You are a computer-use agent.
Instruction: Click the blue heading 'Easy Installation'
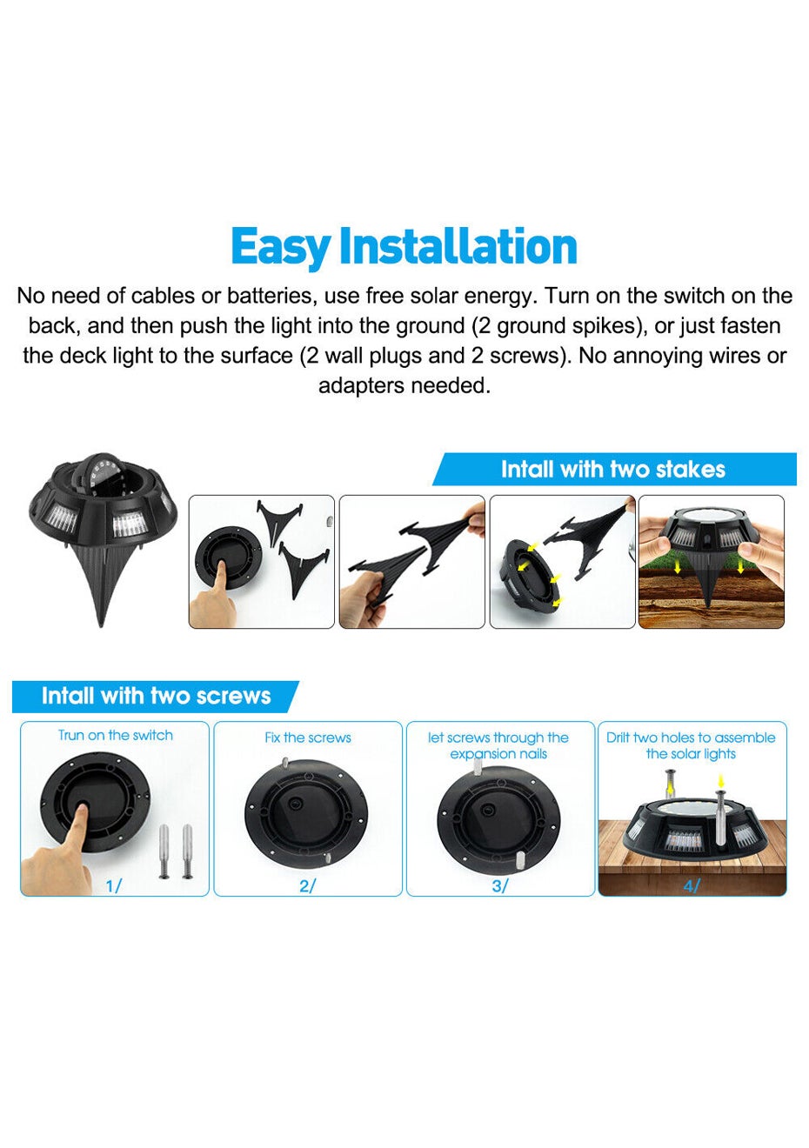[404, 248]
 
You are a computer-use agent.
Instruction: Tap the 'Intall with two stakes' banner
[614, 469]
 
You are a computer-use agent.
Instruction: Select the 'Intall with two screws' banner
[156, 696]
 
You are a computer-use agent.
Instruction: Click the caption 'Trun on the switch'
[116, 735]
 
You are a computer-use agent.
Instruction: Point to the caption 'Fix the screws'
[308, 738]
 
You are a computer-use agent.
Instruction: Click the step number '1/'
[113, 885]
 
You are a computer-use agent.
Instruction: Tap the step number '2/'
[307, 885]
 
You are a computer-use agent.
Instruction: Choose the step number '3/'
[499, 885]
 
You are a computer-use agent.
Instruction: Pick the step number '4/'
[692, 885]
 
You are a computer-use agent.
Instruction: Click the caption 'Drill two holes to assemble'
[691, 738]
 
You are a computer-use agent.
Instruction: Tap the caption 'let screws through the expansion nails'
[498, 745]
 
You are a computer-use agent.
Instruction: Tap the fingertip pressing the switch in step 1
[82, 809]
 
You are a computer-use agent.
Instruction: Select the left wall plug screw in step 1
[164, 851]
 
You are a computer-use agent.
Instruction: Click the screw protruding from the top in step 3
[478, 767]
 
